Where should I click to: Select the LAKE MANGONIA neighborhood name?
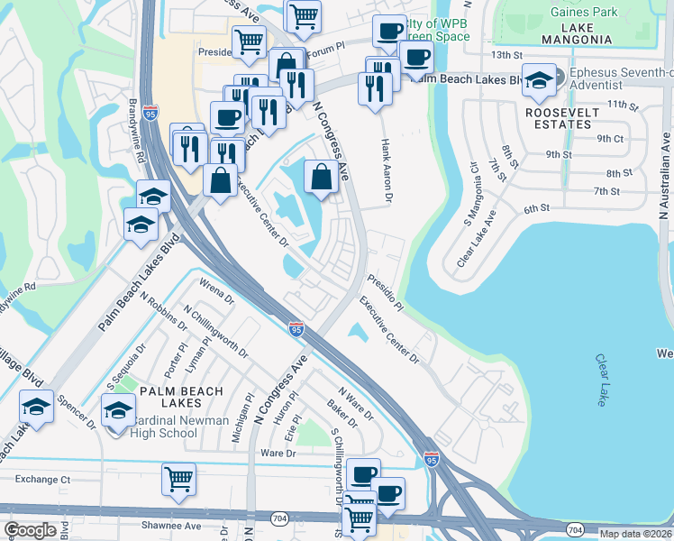click(577, 40)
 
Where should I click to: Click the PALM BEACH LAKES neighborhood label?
click(169, 390)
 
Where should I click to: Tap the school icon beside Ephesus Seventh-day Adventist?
click(540, 82)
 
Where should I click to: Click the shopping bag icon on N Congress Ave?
click(322, 176)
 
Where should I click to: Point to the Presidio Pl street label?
click(385, 293)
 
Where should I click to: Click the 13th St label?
click(507, 55)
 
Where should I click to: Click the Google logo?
click(30, 530)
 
